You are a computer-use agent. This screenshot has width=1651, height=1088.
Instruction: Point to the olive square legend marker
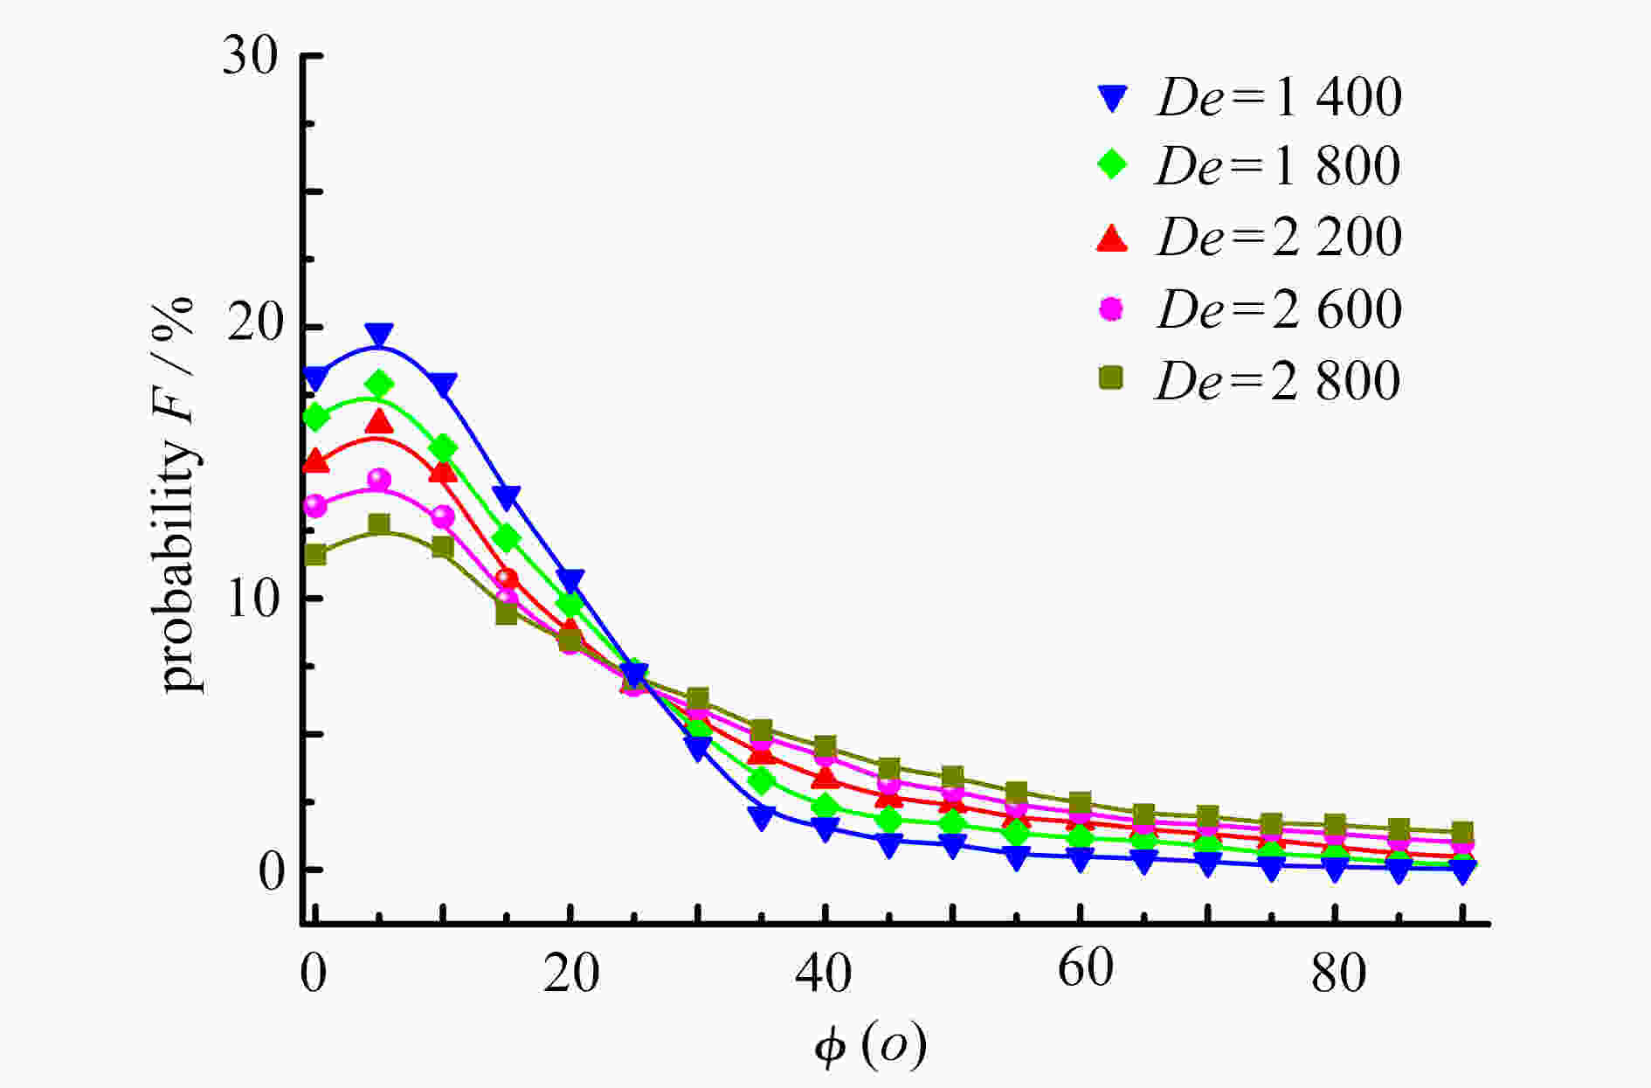[1111, 378]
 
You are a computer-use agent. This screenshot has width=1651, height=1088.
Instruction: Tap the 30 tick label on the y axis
[250, 56]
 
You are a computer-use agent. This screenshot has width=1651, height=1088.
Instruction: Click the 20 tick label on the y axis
[253, 327]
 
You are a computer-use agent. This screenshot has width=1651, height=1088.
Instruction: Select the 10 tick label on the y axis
[253, 599]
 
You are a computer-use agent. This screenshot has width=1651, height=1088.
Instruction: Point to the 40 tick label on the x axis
[824, 972]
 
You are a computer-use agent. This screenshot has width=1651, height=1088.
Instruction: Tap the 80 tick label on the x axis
[1338, 972]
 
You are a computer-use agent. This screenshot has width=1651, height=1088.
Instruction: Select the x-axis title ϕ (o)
[870, 1046]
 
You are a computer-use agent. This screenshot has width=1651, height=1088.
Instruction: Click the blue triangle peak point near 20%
[379, 335]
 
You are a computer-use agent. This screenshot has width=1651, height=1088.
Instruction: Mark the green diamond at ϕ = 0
[315, 417]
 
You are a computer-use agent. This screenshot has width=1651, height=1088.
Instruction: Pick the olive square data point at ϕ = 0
[315, 555]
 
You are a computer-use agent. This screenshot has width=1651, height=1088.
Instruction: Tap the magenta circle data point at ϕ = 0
[315, 506]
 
